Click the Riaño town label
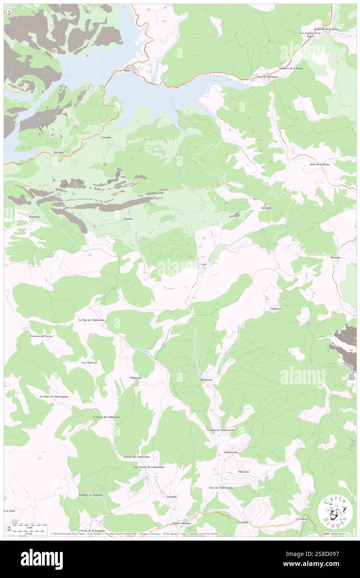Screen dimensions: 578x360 pos(127,71)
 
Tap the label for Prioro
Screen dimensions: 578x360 pos(202,264)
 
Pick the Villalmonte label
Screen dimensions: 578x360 pos(136,378)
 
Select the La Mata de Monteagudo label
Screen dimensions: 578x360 pos(54,397)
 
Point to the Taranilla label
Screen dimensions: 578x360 pos(171,496)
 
